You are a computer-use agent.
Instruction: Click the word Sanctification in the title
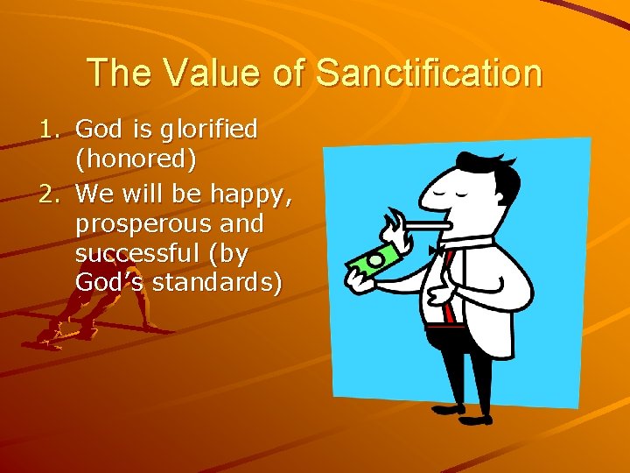tap(429, 73)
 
